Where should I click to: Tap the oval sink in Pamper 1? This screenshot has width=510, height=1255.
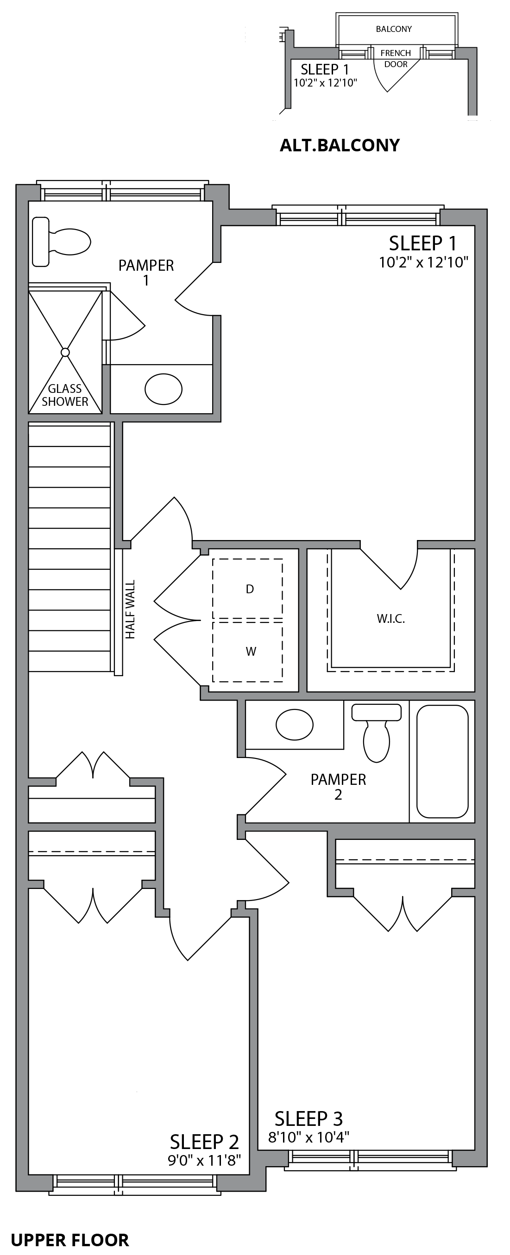[164, 389]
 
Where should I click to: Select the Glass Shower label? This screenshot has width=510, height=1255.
[65, 395]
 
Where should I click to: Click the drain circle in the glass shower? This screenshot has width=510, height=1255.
[65, 352]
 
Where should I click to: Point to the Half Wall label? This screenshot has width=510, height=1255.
[130, 609]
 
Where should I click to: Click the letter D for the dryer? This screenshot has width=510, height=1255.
[250, 589]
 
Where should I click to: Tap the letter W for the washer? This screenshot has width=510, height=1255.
[251, 652]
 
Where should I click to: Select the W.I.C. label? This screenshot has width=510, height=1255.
[391, 619]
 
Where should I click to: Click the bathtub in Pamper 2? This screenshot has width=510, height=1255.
[442, 761]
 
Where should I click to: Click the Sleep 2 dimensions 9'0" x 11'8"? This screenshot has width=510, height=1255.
[205, 1161]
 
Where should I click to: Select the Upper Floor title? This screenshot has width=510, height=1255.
[70, 1240]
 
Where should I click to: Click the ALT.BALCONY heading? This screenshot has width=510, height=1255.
[340, 145]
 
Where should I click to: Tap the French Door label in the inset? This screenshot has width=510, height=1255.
[396, 58]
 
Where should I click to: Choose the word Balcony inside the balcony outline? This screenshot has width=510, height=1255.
[393, 29]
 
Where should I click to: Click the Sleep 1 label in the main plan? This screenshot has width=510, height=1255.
[423, 242]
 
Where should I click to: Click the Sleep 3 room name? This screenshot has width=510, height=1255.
[309, 1118]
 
